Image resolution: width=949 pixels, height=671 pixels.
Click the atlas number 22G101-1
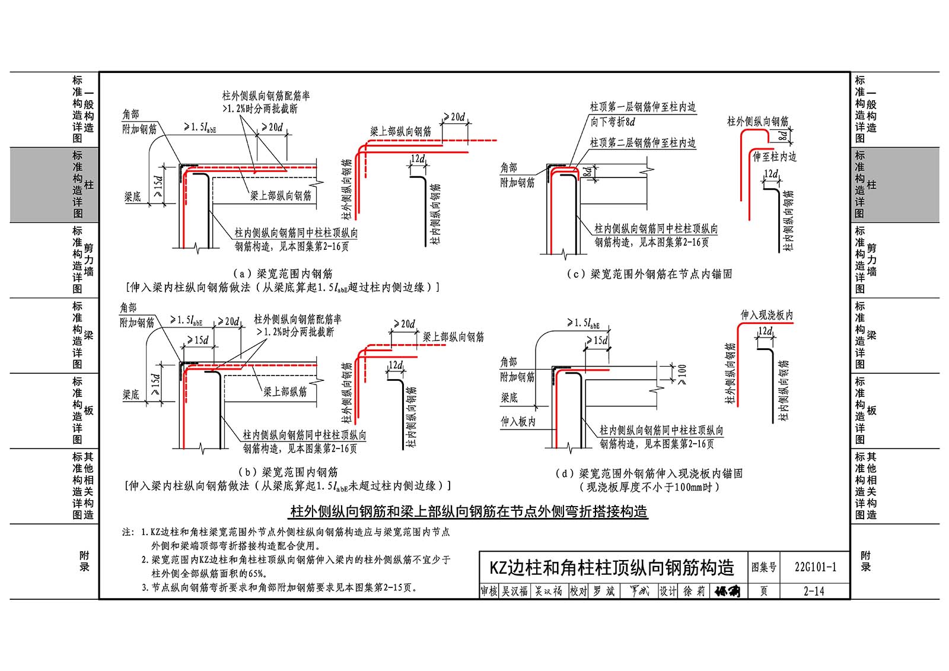pos(815,567)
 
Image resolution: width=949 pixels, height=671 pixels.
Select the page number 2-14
pos(814,591)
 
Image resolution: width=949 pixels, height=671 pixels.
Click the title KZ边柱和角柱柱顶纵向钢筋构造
pos(612,568)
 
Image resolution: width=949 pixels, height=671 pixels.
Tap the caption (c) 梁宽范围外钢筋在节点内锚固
pos(649,274)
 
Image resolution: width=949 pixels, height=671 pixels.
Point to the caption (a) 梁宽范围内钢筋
pos(282,274)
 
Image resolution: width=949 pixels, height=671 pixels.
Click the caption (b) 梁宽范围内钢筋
pos(288,472)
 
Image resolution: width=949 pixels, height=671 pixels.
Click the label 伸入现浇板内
pos(766,315)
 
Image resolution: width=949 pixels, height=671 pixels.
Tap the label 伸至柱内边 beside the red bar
pos(775,157)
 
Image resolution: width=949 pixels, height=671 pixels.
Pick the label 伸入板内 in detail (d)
pos(518,421)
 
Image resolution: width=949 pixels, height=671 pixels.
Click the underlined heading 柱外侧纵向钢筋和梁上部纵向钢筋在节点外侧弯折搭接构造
pos(469,511)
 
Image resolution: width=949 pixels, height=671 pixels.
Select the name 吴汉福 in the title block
pos(514,591)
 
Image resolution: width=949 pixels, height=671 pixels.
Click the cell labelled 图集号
pos(763,567)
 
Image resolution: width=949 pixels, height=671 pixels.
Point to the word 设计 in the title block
pos(668,591)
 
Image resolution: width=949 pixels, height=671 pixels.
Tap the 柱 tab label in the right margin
pos(871,185)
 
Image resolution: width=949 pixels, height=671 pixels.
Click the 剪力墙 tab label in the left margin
pos(88,259)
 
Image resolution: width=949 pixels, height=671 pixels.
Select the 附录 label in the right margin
pos(865,561)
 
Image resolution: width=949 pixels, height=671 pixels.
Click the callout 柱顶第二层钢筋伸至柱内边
pos(643,143)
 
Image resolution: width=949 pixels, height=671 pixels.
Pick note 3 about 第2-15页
pos(280,587)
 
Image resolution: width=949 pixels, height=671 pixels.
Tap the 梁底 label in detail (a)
pos(132,197)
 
